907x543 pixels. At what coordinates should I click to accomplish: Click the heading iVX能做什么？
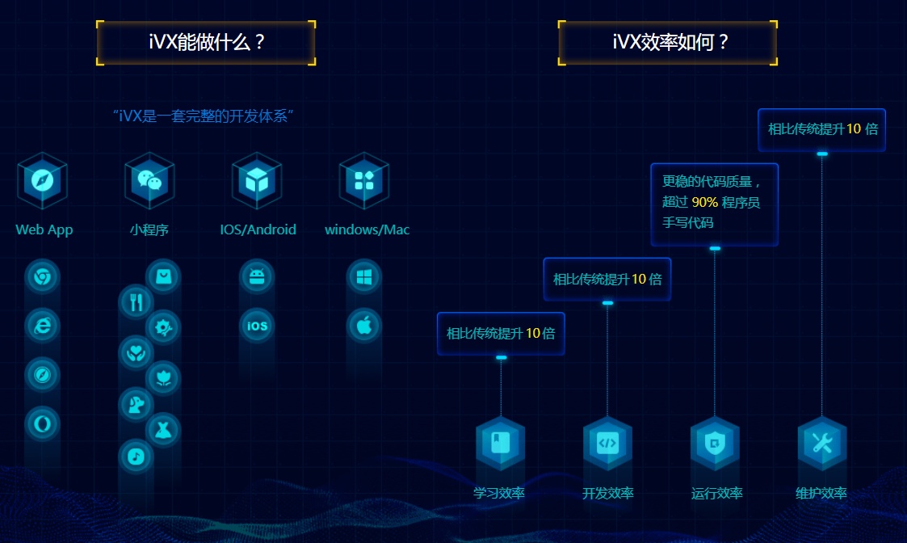coord(206,43)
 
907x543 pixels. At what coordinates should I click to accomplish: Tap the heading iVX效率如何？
coord(668,43)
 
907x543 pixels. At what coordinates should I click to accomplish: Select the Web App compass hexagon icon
coord(42,180)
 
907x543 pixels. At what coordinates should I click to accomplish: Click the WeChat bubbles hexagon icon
coord(149,180)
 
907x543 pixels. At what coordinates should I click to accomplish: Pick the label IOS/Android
coord(258,229)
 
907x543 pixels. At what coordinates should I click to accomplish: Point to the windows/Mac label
coord(367,229)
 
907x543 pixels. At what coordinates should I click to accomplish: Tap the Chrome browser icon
coord(42,277)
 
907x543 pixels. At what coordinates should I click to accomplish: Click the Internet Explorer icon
coord(42,326)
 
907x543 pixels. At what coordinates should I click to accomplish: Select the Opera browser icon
coord(42,423)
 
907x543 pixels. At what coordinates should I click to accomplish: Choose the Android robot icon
coord(257,277)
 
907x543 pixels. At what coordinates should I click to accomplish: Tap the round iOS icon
coord(257,326)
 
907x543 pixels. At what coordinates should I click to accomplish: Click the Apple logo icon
coord(364,326)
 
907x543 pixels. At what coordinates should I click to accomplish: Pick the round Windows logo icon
coord(364,277)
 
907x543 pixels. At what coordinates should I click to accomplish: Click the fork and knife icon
coord(136,302)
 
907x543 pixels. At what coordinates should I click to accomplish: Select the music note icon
coord(136,457)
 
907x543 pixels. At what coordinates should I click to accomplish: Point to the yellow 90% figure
coord(704,202)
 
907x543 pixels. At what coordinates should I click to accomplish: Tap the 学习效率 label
coord(499,494)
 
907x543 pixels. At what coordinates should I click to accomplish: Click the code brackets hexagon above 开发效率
coord(607,442)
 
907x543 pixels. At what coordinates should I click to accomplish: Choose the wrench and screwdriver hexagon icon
coord(821,442)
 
